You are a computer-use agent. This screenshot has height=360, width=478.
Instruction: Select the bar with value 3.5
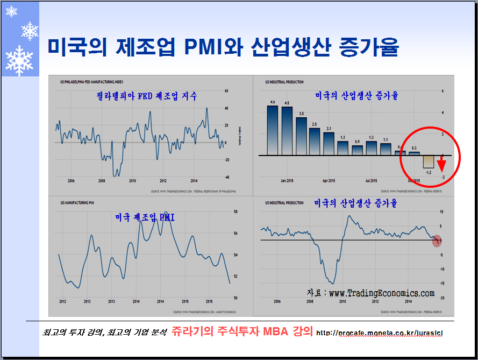click(301, 136)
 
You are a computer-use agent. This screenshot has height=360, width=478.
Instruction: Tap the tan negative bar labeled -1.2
click(428, 161)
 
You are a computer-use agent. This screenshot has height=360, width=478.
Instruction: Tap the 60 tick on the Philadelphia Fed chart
click(226, 91)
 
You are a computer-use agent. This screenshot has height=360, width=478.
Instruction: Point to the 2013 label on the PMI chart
click(87, 301)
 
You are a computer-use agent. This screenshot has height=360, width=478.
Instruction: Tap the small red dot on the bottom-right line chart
click(437, 241)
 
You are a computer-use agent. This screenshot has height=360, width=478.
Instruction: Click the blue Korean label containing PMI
click(145, 218)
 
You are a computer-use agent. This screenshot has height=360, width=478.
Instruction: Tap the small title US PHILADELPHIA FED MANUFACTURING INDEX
click(90, 82)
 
